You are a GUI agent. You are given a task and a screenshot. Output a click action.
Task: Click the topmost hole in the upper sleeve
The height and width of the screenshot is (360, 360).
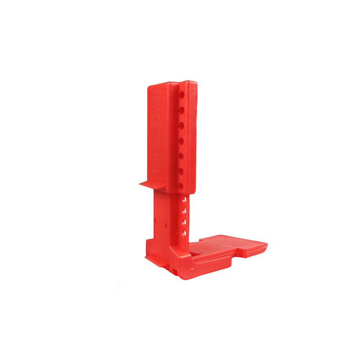pos(182,95)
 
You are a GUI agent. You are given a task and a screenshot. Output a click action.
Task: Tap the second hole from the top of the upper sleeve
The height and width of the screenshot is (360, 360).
pos(182,110)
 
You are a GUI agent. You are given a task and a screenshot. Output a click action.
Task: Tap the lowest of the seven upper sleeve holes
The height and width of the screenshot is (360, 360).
pos(182,185)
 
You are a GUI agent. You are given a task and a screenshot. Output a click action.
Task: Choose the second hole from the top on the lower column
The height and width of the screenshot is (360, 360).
pos(184,211)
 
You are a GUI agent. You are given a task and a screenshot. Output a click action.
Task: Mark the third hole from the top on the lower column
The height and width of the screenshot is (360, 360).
pos(184,222)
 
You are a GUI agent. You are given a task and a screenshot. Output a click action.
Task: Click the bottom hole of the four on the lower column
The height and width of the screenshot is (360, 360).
pos(184,233)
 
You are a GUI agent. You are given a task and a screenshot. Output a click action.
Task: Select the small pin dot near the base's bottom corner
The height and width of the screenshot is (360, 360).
pos(192,269)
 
